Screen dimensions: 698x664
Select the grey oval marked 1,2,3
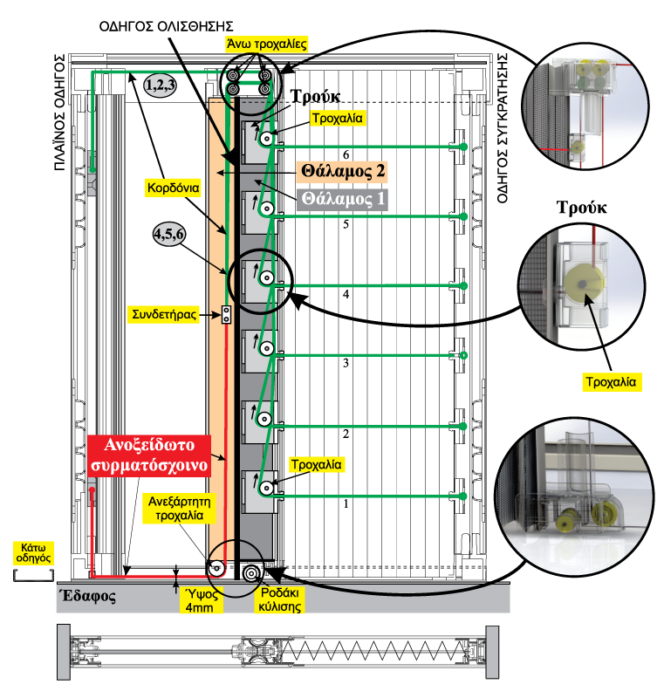click(x=161, y=85)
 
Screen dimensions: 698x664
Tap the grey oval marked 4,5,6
click(x=168, y=234)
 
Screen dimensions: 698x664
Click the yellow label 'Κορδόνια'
click(x=174, y=187)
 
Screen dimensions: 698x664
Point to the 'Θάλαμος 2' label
click(x=343, y=171)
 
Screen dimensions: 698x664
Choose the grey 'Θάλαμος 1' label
click(x=343, y=199)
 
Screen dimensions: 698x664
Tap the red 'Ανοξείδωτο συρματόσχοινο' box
click(x=149, y=454)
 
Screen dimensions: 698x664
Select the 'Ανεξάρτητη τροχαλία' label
click(x=175, y=508)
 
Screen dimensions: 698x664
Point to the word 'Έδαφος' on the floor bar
click(x=87, y=598)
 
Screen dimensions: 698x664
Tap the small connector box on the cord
click(x=225, y=315)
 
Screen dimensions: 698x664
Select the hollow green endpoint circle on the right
click(x=464, y=355)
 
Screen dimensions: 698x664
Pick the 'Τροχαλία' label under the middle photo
click(x=612, y=382)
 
